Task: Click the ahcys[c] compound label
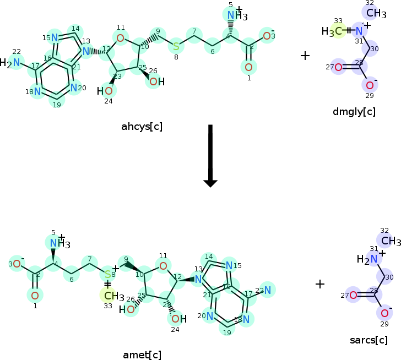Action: point(142,127)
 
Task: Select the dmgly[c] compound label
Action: point(354,112)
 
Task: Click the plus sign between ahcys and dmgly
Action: point(305,56)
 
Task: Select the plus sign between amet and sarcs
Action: point(320,284)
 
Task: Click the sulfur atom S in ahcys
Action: point(176,46)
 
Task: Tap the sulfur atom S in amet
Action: point(108,274)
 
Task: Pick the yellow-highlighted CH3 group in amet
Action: point(111,295)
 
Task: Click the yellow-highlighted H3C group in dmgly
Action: point(334,31)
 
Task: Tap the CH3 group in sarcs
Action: point(389,241)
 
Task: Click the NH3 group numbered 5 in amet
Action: point(57,243)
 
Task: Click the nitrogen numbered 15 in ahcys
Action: point(54,37)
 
